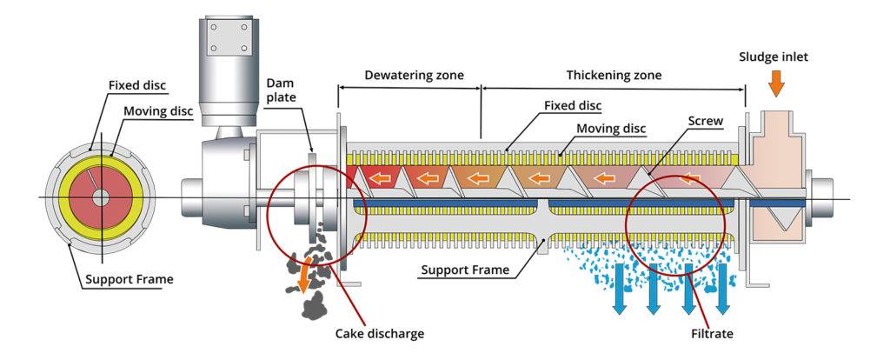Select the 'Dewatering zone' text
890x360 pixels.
[x=408, y=75]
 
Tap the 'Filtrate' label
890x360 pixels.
[x=708, y=333]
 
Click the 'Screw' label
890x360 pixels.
[x=705, y=121]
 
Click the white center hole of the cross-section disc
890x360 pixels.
[x=102, y=198]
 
